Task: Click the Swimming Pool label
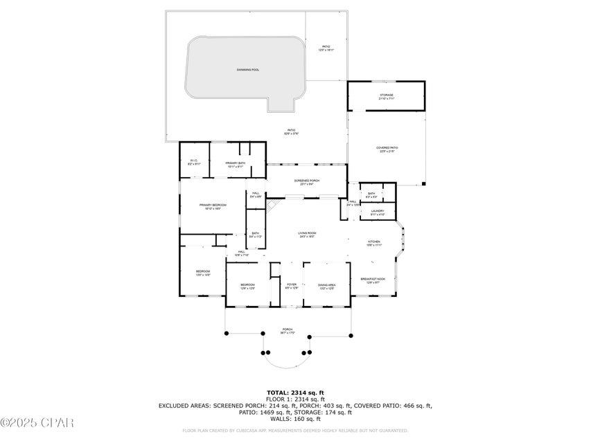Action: (x=247, y=70)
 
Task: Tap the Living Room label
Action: (x=307, y=235)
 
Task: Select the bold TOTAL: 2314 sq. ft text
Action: (x=296, y=393)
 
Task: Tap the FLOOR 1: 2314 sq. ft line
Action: (x=296, y=400)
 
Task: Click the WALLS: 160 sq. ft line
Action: (x=296, y=419)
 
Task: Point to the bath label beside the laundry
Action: (x=371, y=195)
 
